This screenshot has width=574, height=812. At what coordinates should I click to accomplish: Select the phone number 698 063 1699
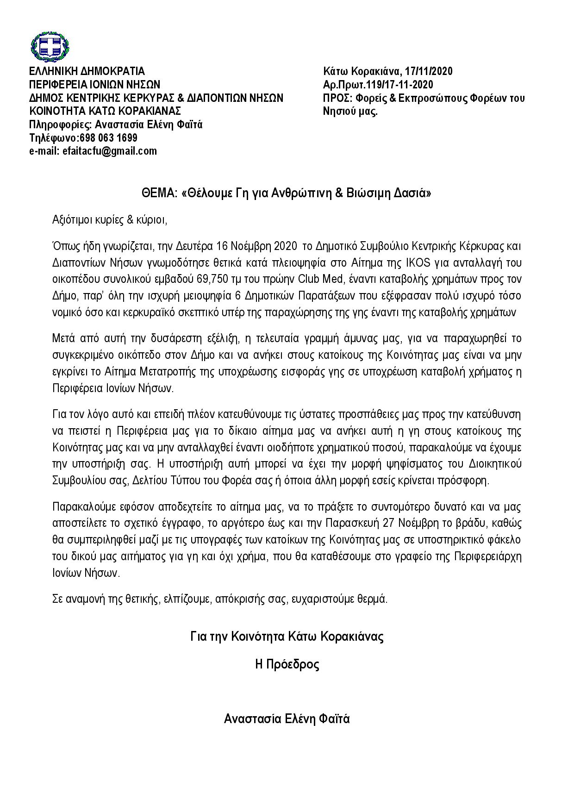[108, 138]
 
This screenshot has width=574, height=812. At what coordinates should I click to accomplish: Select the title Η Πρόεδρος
[287, 665]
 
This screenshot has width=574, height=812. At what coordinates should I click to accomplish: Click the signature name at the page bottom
[287, 719]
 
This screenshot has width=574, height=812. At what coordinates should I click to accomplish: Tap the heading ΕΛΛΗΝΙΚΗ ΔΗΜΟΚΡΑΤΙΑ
[87, 71]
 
